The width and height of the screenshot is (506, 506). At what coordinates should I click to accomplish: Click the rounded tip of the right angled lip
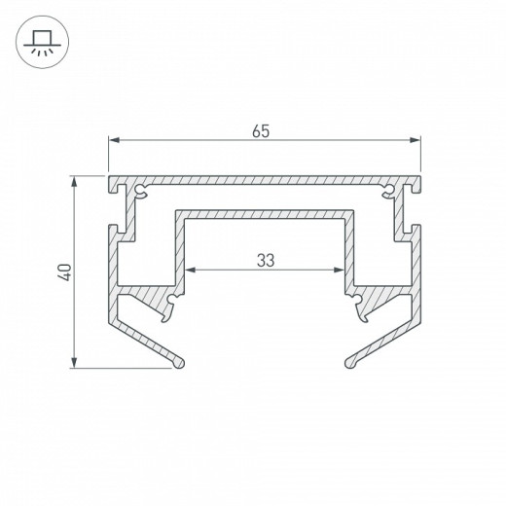coord(349,364)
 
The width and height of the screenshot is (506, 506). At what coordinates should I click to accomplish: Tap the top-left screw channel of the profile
coord(142,188)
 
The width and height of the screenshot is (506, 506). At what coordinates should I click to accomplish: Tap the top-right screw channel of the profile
coord(388,188)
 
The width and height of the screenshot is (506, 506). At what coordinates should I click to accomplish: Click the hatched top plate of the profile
coord(264,181)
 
